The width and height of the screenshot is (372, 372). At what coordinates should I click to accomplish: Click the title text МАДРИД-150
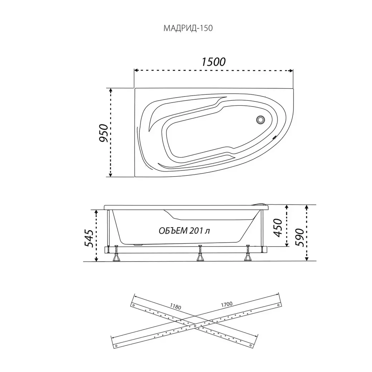[x=188, y=28]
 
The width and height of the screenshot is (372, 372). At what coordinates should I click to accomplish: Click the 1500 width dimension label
[x=214, y=62]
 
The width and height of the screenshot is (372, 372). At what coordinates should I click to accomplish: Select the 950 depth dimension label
[x=104, y=133]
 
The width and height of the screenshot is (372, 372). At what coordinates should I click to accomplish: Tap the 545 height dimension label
[x=89, y=238]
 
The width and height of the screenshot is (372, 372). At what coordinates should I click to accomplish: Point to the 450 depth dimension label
[x=278, y=228]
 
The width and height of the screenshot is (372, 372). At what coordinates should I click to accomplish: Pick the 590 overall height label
[x=300, y=238]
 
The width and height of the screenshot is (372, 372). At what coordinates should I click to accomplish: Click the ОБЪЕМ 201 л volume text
[x=184, y=230]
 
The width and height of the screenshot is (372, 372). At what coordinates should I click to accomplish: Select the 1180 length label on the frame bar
[x=175, y=307]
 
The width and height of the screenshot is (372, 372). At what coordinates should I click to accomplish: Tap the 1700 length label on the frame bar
[x=227, y=304]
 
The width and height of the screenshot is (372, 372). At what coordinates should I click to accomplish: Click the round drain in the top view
[x=261, y=119]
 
